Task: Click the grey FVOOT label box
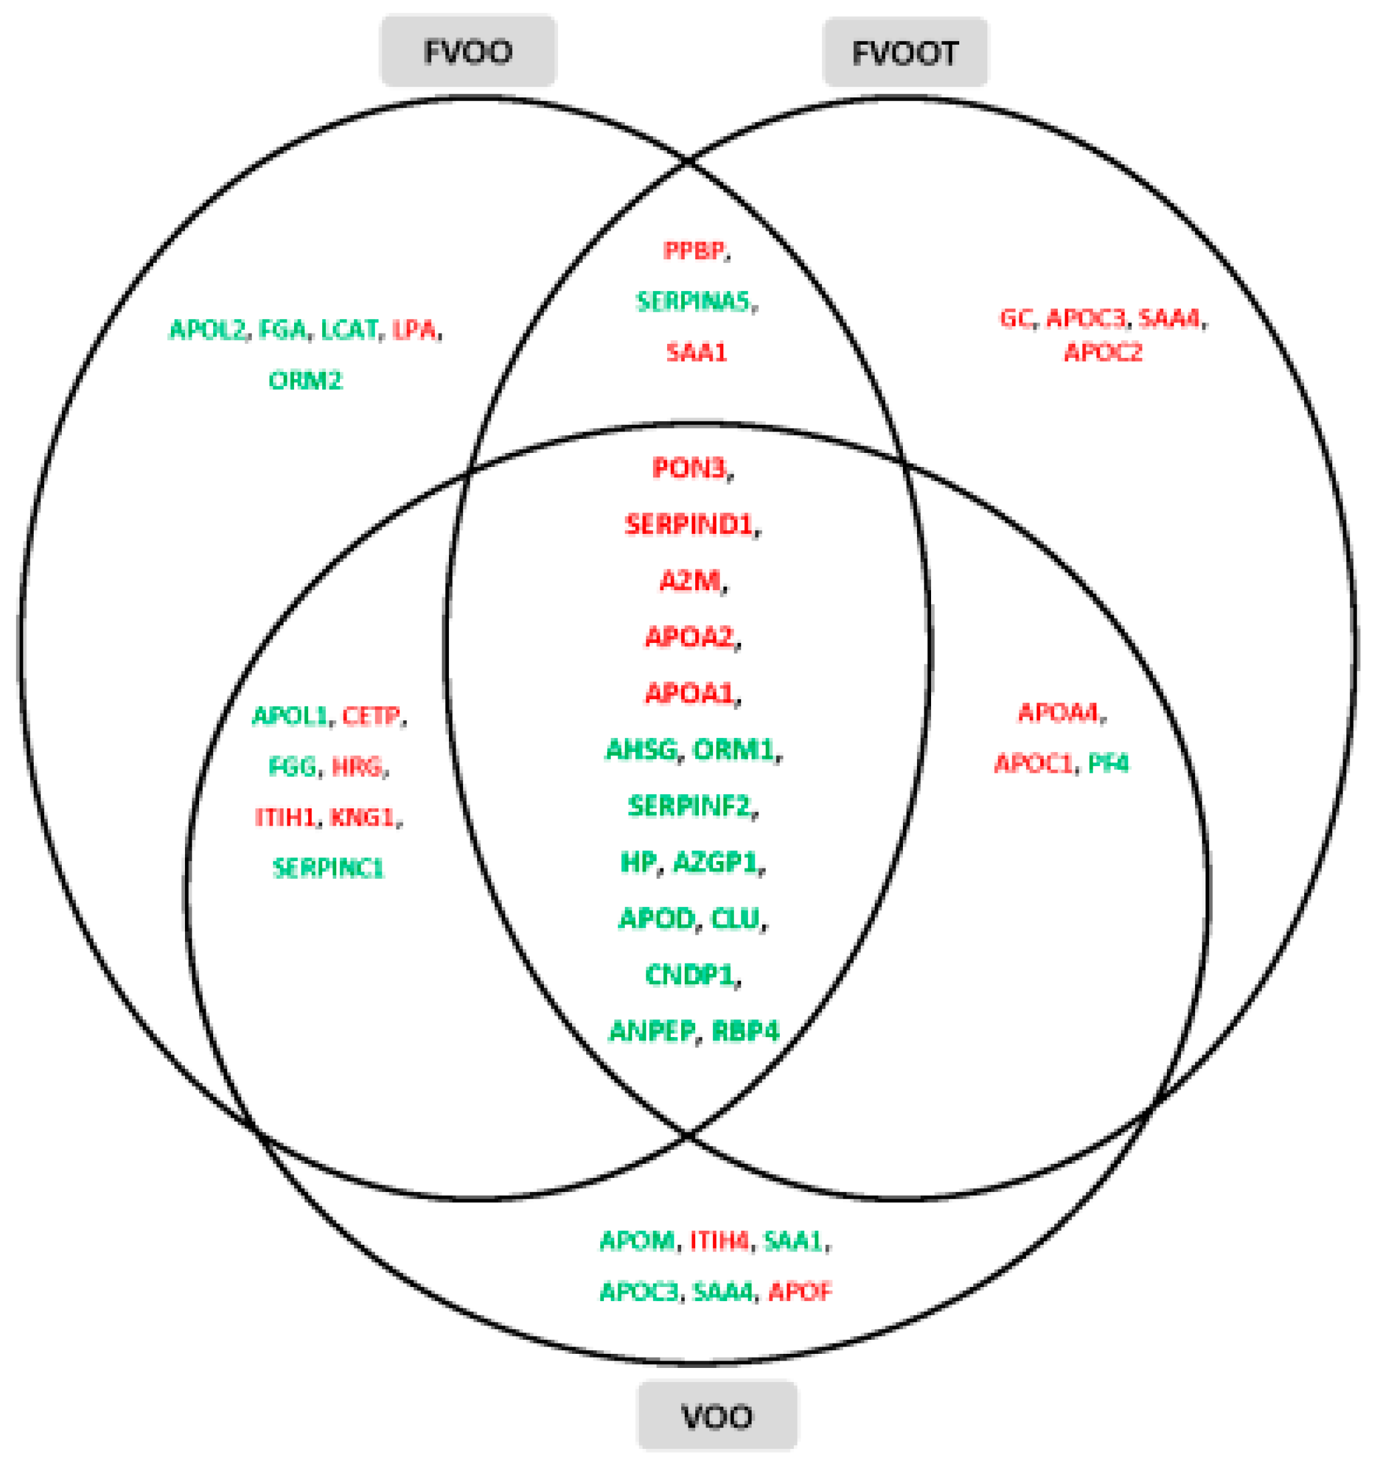click(905, 52)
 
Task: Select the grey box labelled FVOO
click(468, 51)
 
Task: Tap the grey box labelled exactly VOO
click(717, 1416)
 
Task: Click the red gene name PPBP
click(693, 251)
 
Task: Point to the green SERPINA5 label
click(693, 301)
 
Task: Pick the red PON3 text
click(689, 468)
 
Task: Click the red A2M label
click(689, 581)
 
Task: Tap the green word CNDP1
click(689, 975)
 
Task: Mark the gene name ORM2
click(305, 381)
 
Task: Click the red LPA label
click(414, 330)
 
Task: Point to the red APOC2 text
click(1103, 352)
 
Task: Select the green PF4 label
click(1108, 762)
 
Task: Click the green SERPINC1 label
click(328, 868)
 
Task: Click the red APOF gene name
click(800, 1291)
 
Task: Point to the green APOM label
click(637, 1241)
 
